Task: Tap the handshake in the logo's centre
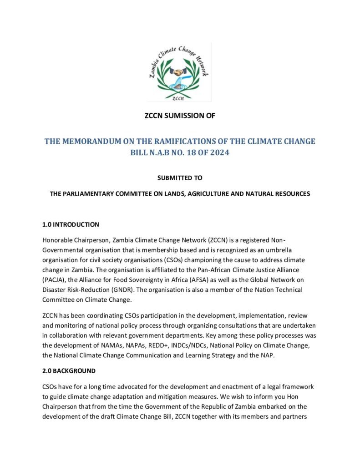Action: (179, 72)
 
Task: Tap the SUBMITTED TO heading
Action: (180, 177)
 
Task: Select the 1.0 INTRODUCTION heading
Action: (71, 224)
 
